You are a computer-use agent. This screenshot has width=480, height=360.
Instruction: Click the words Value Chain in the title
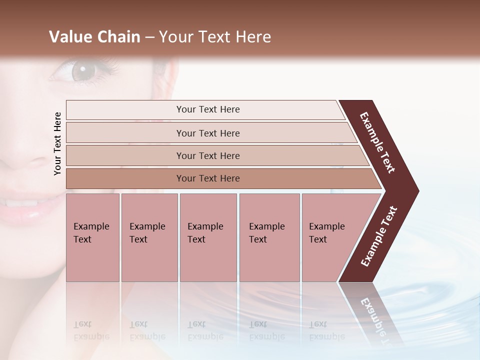click(x=94, y=37)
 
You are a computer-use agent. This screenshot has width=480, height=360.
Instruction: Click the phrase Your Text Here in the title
click(x=215, y=37)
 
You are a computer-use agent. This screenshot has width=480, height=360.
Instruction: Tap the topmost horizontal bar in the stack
click(x=208, y=109)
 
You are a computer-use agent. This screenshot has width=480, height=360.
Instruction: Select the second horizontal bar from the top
click(x=208, y=133)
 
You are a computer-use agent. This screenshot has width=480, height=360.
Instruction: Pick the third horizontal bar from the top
click(x=208, y=155)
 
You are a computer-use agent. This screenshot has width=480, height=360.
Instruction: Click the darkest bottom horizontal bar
click(x=208, y=178)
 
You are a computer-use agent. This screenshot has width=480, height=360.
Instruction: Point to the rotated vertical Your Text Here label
click(x=57, y=143)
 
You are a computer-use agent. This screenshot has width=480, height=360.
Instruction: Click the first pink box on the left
click(x=92, y=237)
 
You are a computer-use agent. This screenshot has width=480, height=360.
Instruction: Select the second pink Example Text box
click(x=149, y=237)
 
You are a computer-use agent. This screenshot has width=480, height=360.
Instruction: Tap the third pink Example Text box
click(x=208, y=237)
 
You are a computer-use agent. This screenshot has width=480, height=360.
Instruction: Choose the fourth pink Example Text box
click(x=269, y=237)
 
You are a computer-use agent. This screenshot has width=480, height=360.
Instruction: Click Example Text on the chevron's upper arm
click(x=377, y=142)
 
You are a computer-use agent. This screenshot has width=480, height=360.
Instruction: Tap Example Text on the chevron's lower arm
click(x=379, y=236)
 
